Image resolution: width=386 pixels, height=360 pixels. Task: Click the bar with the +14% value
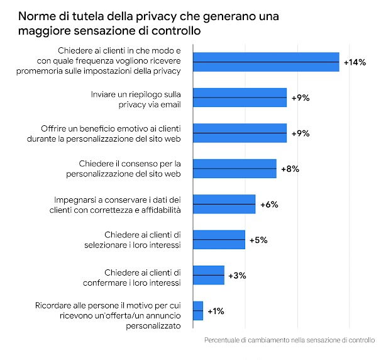266,62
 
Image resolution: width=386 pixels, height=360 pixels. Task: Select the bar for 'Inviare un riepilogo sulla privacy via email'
240,98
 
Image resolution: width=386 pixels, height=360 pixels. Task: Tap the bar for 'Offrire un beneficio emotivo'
240,133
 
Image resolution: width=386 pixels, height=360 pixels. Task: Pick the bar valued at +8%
234,169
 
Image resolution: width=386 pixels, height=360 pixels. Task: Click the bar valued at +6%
224,205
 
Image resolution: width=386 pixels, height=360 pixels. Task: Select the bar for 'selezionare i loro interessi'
219,240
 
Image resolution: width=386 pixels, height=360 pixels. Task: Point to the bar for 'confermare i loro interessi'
208,276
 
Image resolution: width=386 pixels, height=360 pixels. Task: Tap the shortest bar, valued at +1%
198,311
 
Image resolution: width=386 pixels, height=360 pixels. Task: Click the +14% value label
355,62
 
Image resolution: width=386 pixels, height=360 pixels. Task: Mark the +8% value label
290,169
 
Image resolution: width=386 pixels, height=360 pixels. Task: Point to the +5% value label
258,240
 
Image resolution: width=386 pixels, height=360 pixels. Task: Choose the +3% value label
237,276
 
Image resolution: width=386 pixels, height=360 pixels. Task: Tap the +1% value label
216,311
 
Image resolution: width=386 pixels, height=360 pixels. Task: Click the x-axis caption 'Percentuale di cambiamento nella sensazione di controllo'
289,340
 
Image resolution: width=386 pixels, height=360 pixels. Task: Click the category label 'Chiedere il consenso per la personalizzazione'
130,169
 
